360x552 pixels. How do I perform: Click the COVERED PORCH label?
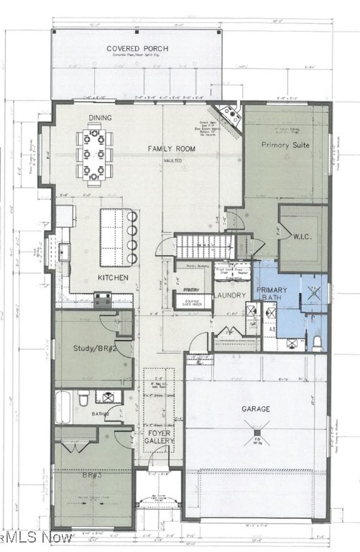[x=137, y=49]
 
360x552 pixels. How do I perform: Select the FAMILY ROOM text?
[x=172, y=149]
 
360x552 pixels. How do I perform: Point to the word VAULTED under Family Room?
[x=172, y=161]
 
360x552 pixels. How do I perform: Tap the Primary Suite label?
[x=286, y=144]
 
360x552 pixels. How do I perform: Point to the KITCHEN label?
[x=114, y=277]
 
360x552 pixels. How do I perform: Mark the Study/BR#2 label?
[x=95, y=349]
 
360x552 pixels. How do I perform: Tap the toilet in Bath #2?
[x=84, y=397]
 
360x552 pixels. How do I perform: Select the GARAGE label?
[x=256, y=409]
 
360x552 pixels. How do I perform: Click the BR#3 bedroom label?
[x=94, y=475]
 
